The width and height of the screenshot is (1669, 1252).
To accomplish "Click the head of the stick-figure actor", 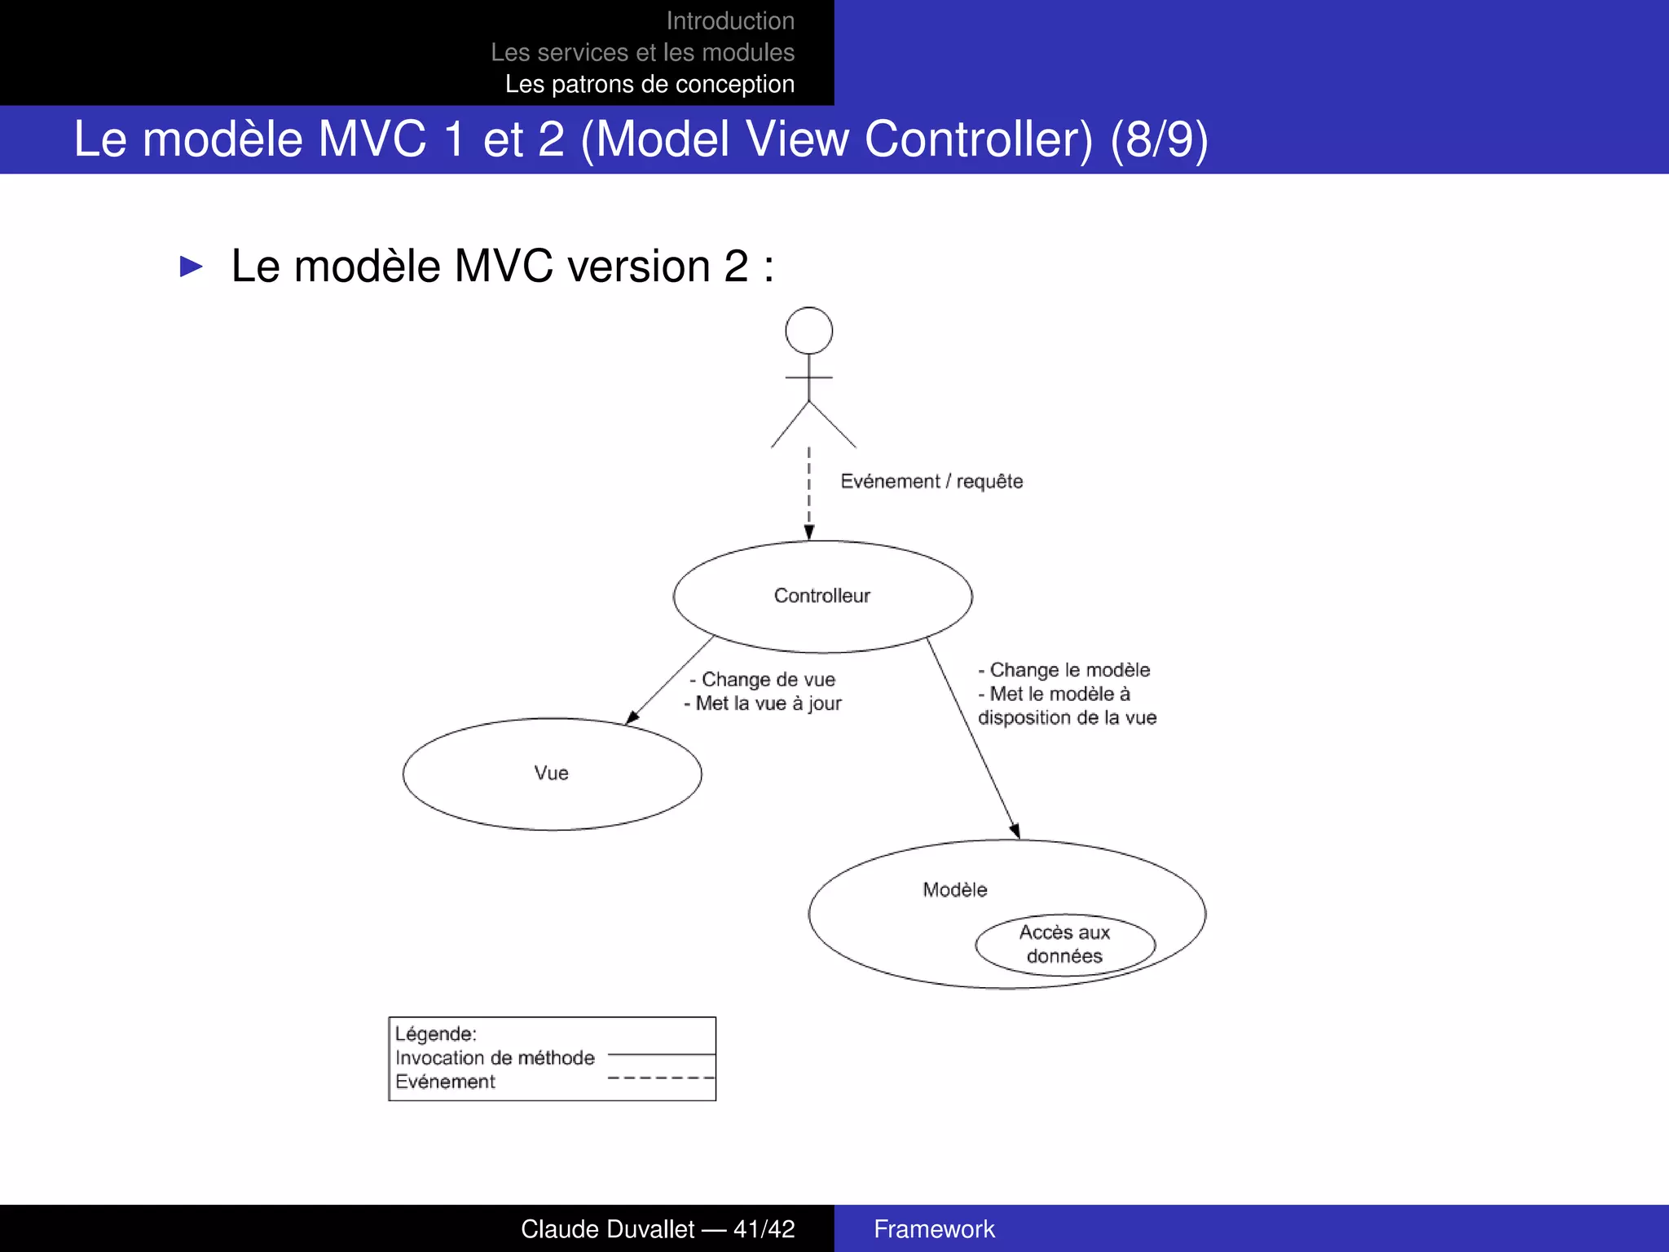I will point(808,331).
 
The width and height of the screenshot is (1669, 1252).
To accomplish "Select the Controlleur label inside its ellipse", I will point(821,596).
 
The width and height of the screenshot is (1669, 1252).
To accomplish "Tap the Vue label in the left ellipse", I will point(551,773).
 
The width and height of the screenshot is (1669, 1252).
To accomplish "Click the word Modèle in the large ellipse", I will point(954,890).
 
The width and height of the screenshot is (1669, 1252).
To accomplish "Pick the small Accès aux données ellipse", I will point(1064,945).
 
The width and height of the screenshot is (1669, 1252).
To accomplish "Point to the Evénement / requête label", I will point(931,482).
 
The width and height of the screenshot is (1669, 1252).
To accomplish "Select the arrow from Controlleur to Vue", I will point(670,680).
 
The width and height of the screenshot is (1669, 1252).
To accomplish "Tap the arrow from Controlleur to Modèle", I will point(973,738).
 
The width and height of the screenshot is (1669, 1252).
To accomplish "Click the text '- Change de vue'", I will point(763,680).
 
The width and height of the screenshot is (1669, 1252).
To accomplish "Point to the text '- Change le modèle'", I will point(1064,670).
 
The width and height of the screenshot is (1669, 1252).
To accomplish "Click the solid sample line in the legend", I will point(661,1055).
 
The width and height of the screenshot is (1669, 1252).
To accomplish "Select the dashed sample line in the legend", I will point(661,1078).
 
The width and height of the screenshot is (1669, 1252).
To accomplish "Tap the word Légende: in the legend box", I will point(436,1034).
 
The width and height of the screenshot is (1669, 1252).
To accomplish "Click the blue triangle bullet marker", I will point(191,267).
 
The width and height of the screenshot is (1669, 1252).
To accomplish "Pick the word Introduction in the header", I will point(730,20).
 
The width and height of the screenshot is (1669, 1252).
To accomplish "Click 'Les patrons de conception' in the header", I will point(650,84).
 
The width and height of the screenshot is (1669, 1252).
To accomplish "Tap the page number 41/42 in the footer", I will point(764,1229).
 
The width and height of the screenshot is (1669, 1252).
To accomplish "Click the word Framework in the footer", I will point(934,1229).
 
